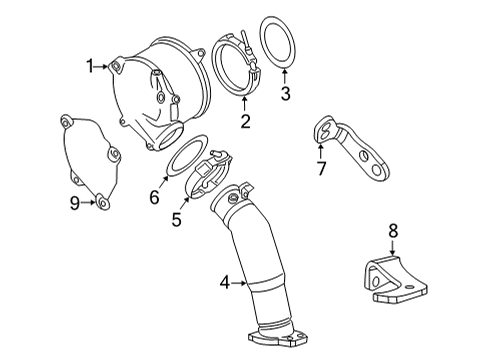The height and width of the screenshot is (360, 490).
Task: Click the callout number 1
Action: click(x=89, y=66)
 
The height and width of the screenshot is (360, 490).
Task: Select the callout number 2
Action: click(x=244, y=122)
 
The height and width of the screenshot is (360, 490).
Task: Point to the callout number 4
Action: click(x=227, y=284)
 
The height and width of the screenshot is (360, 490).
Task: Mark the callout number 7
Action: click(x=321, y=168)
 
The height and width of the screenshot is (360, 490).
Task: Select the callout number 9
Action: click(x=74, y=203)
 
